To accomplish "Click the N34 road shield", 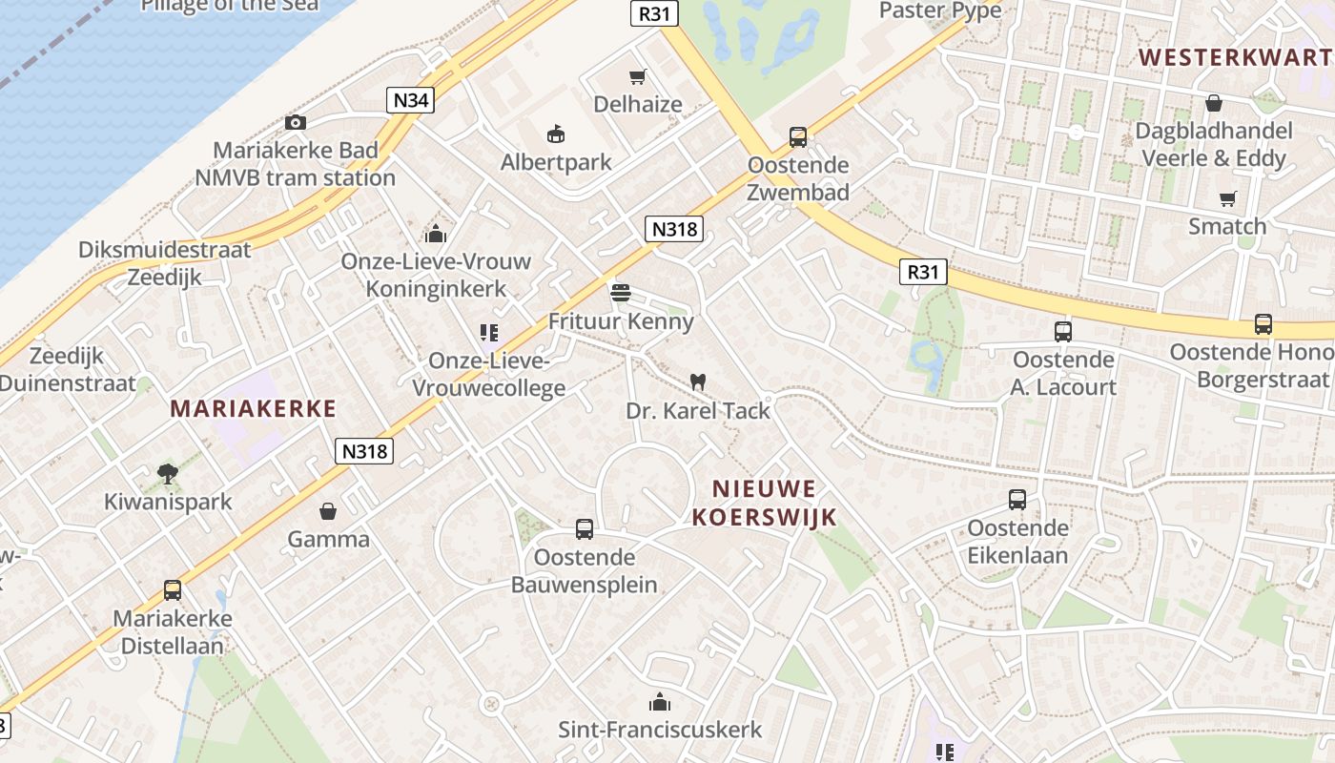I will click(410, 100).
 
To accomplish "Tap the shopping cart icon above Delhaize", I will click(637, 76).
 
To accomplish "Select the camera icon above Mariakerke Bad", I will click(296, 122).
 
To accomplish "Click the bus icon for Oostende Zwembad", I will click(798, 137).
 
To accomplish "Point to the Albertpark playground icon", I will click(556, 134).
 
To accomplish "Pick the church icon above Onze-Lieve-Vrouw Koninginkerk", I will click(436, 233).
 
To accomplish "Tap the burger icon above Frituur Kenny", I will click(621, 293).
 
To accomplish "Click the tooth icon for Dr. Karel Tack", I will click(697, 381).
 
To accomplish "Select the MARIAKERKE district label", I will click(254, 409).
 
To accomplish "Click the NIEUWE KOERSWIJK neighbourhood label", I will click(764, 504).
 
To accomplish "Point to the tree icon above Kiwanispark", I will click(168, 473).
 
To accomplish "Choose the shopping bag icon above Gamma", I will click(328, 511).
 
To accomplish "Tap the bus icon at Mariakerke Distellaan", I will click(173, 590).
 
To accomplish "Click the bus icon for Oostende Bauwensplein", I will click(585, 528).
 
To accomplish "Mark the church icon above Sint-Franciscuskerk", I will click(660, 703).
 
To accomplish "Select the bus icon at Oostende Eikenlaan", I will click(1017, 500).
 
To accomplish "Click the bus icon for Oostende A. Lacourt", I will click(1063, 332).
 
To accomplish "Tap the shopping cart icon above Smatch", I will click(1227, 198).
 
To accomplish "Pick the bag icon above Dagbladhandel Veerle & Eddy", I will click(1214, 103).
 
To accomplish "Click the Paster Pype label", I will click(940, 10).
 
